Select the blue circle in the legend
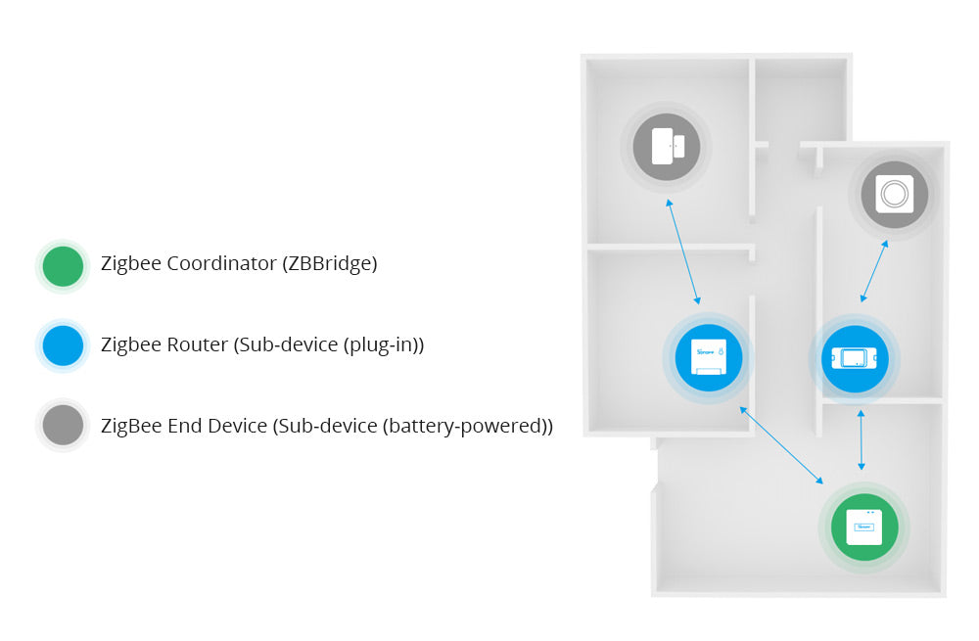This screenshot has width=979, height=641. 64,345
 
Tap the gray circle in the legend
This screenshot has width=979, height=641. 64,425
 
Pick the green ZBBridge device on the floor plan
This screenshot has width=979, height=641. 863,527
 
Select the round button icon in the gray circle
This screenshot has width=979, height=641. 894,194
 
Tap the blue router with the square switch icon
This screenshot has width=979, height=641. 708,358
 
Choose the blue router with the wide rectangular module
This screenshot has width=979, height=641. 854,358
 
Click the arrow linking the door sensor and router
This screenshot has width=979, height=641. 683,252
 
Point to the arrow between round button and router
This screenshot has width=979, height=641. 874,270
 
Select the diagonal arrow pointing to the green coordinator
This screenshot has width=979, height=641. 781,445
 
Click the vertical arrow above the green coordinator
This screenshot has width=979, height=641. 861,441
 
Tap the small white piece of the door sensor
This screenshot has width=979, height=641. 678,146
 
